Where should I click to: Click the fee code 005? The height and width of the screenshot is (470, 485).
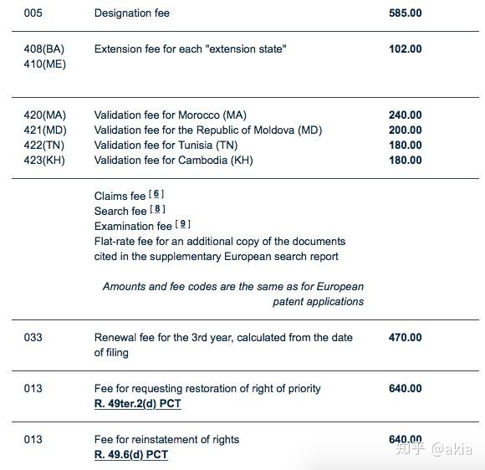pos(33,13)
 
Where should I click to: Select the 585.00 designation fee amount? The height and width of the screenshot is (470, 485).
pos(405,13)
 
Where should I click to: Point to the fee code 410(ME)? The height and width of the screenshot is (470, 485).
pos(44,64)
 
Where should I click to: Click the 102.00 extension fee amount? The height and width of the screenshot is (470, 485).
pos(405,49)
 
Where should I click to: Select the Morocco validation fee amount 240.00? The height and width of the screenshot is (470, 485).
pos(405,115)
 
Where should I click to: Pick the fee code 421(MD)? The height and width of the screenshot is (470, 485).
pos(45,130)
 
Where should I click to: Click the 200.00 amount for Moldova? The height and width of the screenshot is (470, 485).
pos(405,130)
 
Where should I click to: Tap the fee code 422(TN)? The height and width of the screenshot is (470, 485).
pos(44,146)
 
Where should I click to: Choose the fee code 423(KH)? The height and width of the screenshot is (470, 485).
pos(44,161)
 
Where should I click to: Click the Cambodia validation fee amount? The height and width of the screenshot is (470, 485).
pos(405,161)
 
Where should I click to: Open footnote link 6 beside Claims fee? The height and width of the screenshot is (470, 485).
pos(156,194)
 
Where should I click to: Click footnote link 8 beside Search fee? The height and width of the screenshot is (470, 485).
pos(157,209)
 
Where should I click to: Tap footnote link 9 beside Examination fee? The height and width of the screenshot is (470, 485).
pos(184,224)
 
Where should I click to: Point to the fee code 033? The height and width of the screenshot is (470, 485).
pos(33,338)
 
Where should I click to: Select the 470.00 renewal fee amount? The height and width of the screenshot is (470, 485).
pos(405,338)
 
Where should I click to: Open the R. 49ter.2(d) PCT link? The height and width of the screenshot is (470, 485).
pos(137,404)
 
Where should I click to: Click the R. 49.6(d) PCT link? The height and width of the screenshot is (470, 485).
pos(130,455)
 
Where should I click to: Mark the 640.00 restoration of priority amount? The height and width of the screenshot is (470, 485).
pos(405,389)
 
